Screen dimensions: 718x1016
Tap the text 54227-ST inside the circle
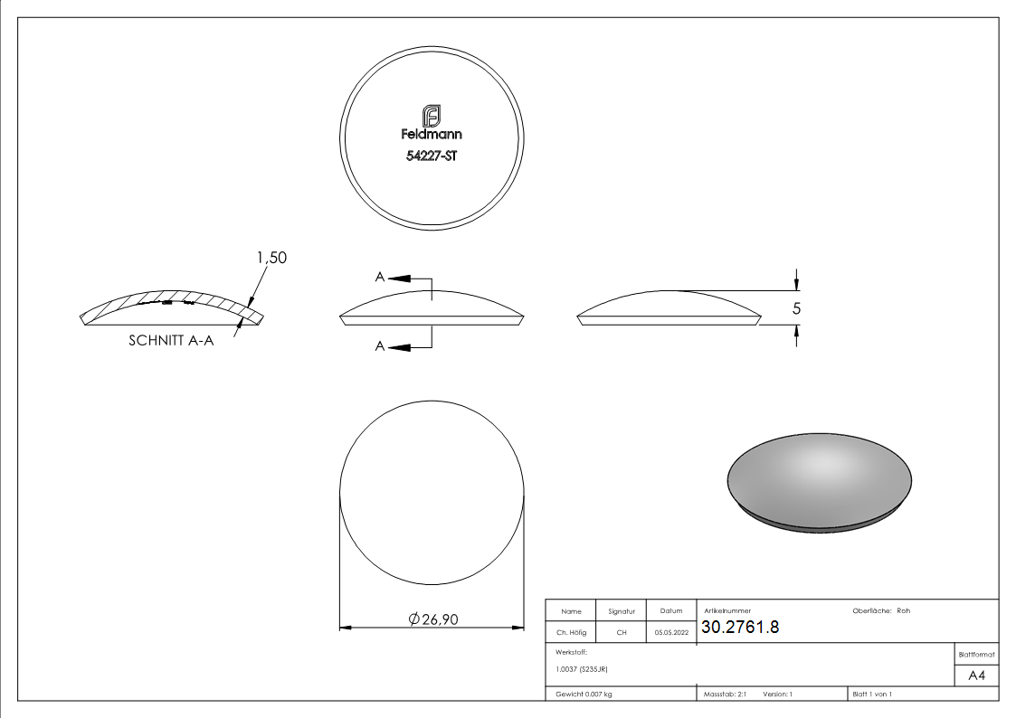pyautogui.click(x=432, y=155)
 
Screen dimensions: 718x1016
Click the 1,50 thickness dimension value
pyautogui.click(x=271, y=258)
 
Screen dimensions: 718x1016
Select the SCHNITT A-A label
pyautogui.click(x=171, y=342)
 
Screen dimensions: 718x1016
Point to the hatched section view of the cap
pyautogui.click(x=172, y=306)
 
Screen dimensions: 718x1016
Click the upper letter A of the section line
pyautogui.click(x=380, y=277)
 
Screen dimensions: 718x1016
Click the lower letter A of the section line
pyautogui.click(x=380, y=346)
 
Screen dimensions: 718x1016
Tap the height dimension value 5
pyautogui.click(x=796, y=308)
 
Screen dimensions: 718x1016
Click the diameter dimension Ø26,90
pyautogui.click(x=433, y=619)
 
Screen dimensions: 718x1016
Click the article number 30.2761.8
pyautogui.click(x=740, y=628)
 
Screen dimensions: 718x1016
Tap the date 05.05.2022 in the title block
pyautogui.click(x=671, y=633)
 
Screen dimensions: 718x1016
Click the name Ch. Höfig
pyautogui.click(x=571, y=633)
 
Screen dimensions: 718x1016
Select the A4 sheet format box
pyautogui.click(x=976, y=675)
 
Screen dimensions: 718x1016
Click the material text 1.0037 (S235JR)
pyautogui.click(x=582, y=669)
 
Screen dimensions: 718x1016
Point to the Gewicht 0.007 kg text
pyautogui.click(x=584, y=694)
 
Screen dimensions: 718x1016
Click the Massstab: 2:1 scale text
pyautogui.click(x=726, y=694)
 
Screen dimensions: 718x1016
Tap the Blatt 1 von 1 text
pyautogui.click(x=872, y=694)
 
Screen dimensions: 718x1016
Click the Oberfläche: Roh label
pyautogui.click(x=881, y=611)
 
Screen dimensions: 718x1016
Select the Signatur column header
pyautogui.click(x=622, y=611)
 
